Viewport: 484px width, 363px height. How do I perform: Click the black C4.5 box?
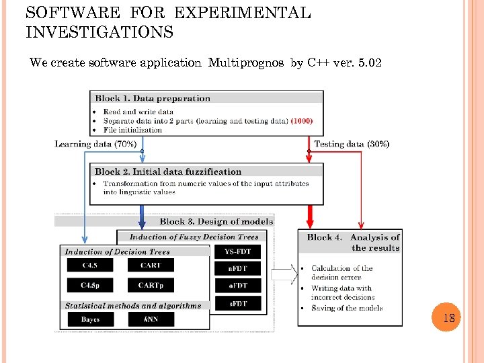click(90, 266)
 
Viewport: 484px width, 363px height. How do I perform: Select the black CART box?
click(151, 266)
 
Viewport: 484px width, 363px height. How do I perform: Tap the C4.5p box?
click(90, 286)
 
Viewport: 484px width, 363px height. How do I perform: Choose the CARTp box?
click(151, 286)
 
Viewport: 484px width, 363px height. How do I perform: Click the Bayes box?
click(90, 319)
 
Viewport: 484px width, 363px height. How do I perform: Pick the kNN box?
click(151, 319)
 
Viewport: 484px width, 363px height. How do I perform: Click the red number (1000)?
click(302, 121)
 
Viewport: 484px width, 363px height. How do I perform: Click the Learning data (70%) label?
click(95, 144)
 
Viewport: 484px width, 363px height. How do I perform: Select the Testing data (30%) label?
click(352, 144)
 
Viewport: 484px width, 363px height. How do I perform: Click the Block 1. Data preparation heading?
click(153, 98)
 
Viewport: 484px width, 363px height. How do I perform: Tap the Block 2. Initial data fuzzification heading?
click(168, 171)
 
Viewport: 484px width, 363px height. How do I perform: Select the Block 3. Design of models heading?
click(216, 221)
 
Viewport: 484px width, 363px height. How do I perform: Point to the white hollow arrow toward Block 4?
click(284, 274)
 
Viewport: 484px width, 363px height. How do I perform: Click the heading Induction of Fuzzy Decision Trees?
click(194, 237)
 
